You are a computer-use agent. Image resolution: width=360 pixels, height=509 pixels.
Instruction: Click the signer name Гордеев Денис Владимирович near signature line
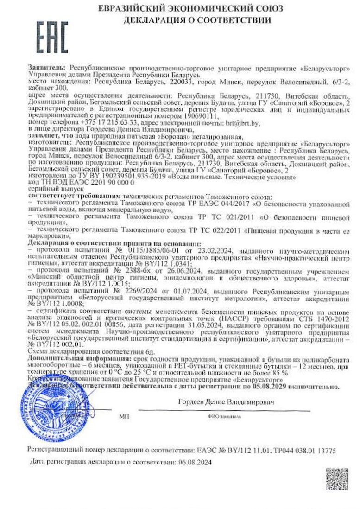click(x=226, y=402)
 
